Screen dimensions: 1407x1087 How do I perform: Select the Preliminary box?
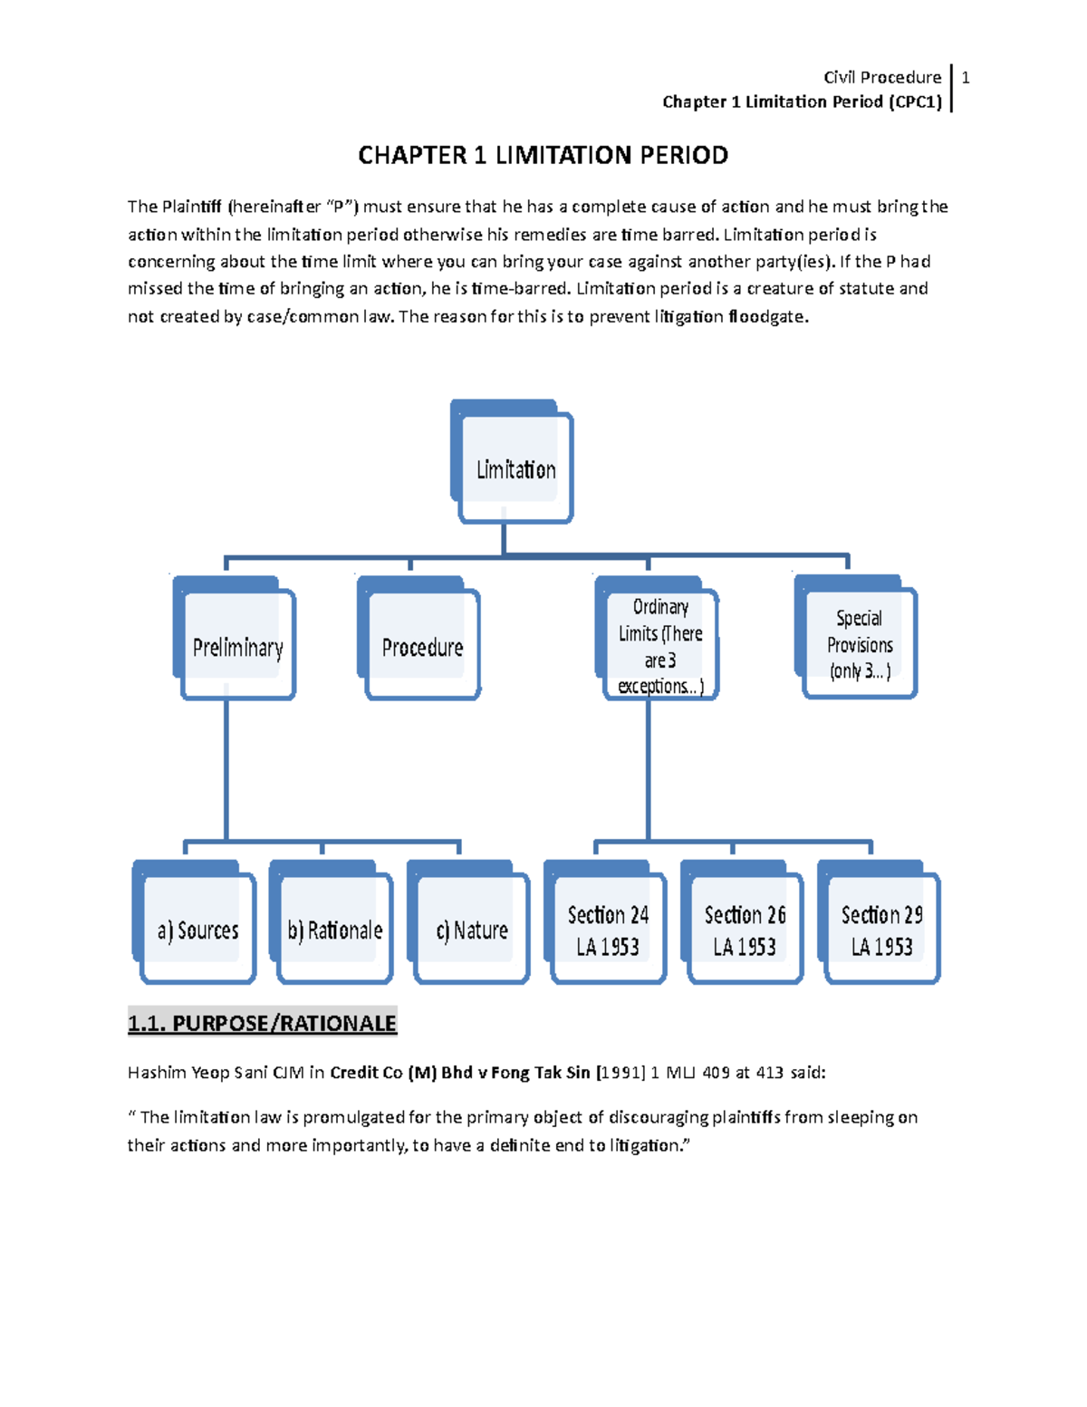point(237,645)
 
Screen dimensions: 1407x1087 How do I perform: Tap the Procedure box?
point(422,645)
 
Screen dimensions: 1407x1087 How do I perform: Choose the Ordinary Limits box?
point(660,645)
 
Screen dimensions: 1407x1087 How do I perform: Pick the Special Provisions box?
point(859,643)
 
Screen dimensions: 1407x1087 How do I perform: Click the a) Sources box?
point(197,929)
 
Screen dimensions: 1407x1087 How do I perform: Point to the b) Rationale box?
point(334,929)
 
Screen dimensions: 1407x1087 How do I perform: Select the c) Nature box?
point(471,929)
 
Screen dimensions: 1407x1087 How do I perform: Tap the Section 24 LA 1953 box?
point(608,929)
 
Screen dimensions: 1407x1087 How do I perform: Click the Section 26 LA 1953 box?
point(745,929)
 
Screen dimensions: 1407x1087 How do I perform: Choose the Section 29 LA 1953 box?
point(881,929)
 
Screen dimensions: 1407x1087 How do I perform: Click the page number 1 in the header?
point(966,78)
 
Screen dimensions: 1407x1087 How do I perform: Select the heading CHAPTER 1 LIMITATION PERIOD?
point(543,156)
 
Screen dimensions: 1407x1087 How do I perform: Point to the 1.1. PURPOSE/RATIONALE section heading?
point(262,1023)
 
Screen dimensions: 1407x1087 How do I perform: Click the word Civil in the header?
point(839,78)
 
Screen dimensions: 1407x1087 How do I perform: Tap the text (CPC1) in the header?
point(915,101)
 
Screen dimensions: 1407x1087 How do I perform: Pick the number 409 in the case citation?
point(716,1073)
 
